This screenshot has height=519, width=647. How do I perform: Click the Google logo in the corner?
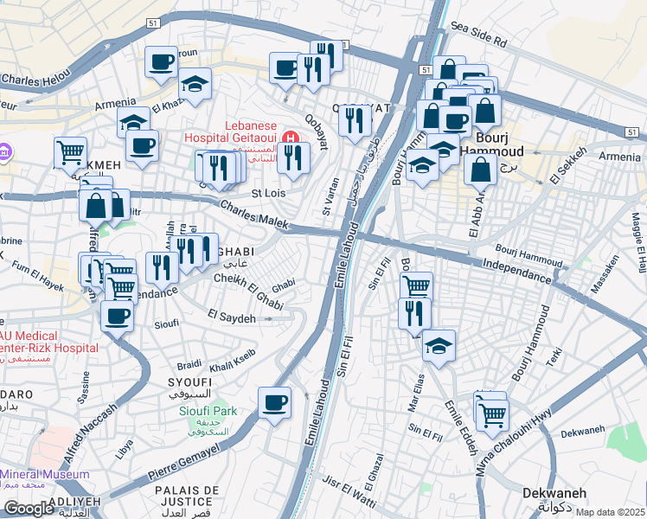click(29, 508)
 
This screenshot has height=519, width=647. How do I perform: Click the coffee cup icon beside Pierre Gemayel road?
click(275, 403)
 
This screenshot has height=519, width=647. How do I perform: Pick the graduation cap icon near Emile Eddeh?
click(439, 346)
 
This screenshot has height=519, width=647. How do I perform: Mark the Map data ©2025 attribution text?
click(611, 512)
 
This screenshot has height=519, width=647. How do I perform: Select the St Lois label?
click(268, 193)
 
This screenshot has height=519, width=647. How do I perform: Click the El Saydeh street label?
click(232, 318)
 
